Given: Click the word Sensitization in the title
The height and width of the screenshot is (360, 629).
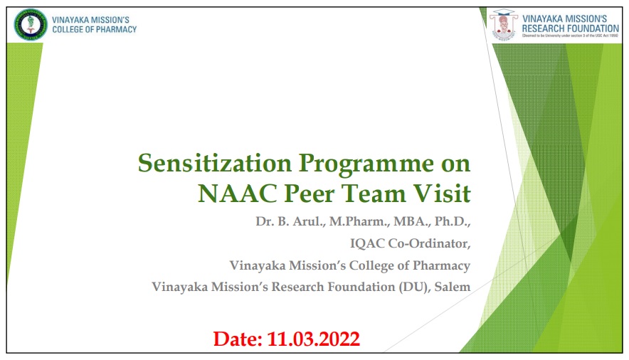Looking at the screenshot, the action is point(215,163).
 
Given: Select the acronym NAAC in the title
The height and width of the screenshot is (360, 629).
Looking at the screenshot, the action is point(238,194).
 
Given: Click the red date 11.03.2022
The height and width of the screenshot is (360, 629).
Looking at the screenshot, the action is point(313,339).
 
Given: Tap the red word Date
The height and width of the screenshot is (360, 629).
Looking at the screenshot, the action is point(238,339).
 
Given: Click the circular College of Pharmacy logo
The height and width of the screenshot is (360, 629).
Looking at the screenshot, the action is point(30,25).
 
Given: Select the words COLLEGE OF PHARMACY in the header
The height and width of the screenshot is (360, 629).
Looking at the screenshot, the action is point(94,30).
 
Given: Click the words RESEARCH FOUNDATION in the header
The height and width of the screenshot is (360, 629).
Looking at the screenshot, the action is point(570,28).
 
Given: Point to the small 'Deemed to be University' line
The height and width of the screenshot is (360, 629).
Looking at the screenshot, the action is point(570,36).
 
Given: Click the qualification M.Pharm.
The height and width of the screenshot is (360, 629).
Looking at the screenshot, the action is point(359,221).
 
